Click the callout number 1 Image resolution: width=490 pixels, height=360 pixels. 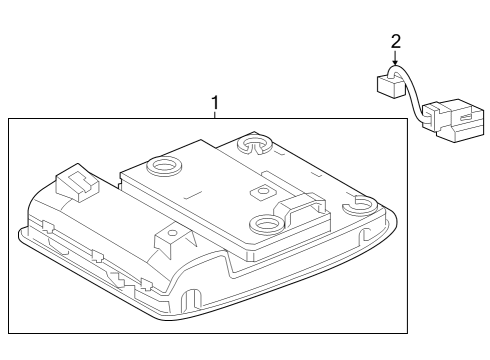tap(215, 103)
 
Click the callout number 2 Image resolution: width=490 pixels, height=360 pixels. tap(396, 42)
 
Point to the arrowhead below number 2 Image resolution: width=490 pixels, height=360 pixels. tap(395, 62)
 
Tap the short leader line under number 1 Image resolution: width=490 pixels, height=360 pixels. tap(215, 115)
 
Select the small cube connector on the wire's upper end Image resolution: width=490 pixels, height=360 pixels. tap(390, 85)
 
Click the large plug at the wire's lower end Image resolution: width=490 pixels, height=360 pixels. tap(454, 120)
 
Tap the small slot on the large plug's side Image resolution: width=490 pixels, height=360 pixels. tap(465, 117)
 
